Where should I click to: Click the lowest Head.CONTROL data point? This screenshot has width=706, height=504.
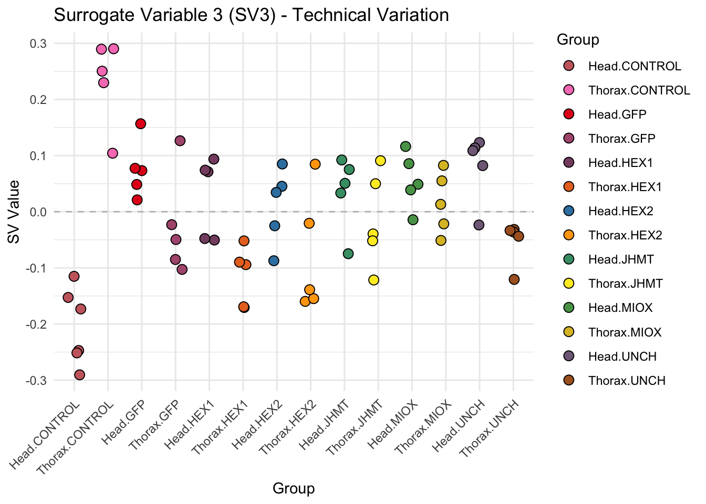[79, 375]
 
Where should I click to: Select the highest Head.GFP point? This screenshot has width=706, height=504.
[140, 124]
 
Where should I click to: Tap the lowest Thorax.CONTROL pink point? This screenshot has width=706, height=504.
[112, 153]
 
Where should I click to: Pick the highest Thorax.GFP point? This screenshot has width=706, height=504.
[180, 141]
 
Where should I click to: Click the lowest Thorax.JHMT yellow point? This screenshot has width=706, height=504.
[373, 280]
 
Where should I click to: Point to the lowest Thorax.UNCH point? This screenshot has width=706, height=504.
[514, 279]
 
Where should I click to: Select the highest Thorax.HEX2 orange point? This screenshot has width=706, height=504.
[315, 164]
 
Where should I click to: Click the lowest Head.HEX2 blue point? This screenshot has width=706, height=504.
[274, 261]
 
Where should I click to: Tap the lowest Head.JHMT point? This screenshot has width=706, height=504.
[348, 254]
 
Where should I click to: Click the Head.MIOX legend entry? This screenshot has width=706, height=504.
[620, 308]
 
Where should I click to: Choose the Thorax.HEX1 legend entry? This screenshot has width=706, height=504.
[625, 187]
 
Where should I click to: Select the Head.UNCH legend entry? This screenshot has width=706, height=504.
[622, 356]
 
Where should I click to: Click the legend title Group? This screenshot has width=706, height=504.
[578, 40]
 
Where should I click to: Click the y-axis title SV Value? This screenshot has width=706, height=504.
[14, 212]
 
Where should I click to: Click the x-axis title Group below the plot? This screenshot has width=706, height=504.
[294, 489]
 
